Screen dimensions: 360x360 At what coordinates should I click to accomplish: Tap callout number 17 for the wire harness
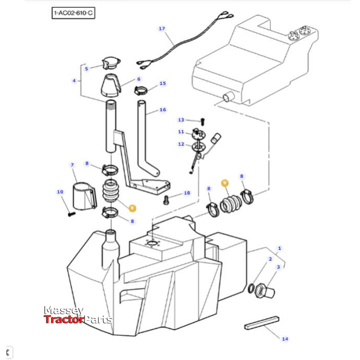(x=161, y=29)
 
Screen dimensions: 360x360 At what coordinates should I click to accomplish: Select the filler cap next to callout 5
(x=110, y=64)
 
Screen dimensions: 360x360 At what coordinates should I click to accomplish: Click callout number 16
(x=163, y=110)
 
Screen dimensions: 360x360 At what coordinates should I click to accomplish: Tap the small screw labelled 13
(x=202, y=119)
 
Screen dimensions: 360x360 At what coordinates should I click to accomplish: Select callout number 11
(x=181, y=132)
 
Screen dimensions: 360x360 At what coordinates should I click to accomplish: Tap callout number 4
(x=74, y=81)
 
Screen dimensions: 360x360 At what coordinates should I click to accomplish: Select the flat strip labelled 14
(x=262, y=323)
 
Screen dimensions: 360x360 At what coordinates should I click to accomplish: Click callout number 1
(x=280, y=249)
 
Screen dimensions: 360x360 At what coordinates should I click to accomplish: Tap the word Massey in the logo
(x=63, y=311)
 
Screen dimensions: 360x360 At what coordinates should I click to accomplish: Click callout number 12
(x=181, y=144)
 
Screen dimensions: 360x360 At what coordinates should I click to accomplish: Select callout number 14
(x=284, y=339)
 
